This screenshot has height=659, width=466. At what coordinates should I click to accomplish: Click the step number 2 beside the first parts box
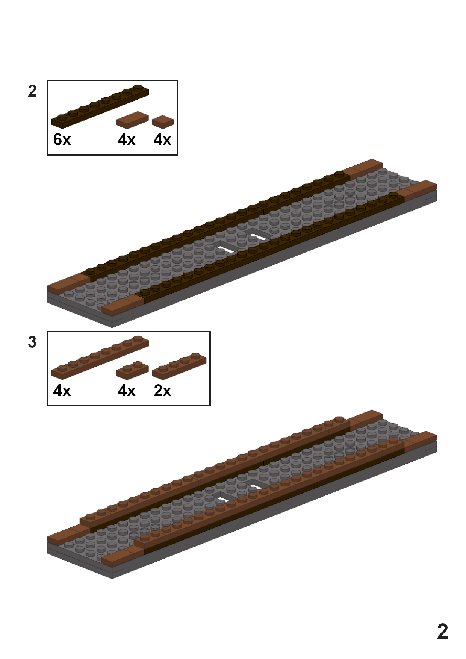[32, 91]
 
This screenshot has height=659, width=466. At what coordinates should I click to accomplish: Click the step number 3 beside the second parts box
[32, 342]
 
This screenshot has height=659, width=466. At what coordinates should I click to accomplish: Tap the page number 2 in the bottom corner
[443, 631]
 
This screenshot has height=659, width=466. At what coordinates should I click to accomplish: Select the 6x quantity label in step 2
[62, 139]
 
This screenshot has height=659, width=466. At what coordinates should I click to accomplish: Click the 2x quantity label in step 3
[162, 391]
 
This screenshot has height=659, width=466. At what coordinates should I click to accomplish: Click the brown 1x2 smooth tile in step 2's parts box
[132, 120]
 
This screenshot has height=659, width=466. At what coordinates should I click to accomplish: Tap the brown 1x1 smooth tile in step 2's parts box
[163, 122]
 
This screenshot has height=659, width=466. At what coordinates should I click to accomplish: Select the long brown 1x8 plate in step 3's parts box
[100, 358]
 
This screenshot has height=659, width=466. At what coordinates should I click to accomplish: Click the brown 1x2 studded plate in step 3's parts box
[132, 371]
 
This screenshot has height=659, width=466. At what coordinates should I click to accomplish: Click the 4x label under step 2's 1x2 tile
[127, 139]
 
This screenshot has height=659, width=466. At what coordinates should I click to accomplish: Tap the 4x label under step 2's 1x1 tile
[162, 139]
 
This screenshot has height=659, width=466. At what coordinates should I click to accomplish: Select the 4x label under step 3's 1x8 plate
[62, 391]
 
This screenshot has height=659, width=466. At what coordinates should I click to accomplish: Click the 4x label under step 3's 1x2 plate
[127, 391]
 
